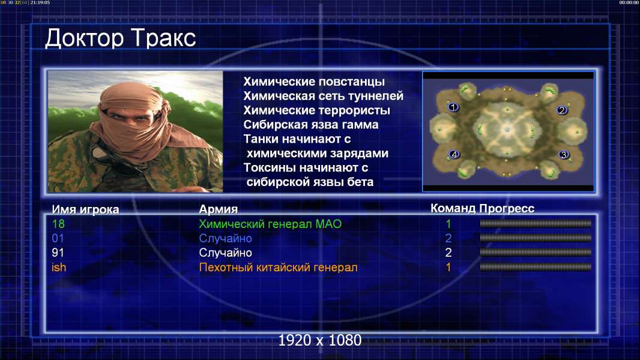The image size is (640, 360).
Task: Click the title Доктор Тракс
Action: [121, 39]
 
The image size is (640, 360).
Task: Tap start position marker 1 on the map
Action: [453, 107]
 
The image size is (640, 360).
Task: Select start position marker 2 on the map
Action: [562, 110]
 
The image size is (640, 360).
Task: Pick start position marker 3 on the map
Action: [564, 155]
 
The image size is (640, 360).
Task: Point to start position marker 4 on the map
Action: [454, 155]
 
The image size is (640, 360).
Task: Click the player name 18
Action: [58, 224]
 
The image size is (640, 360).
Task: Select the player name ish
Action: [59, 268]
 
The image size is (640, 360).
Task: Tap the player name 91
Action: [58, 253]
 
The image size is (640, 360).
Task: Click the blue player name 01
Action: [58, 239]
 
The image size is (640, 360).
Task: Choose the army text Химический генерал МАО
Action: [270, 224]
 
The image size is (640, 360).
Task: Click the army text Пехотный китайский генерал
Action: [279, 268]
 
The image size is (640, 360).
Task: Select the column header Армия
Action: [219, 209]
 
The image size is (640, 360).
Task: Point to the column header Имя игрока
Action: [86, 209]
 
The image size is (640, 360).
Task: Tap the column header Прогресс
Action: [507, 209]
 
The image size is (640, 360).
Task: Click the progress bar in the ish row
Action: [536, 267]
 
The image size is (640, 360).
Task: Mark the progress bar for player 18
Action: [536, 223]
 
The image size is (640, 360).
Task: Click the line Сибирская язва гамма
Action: [311, 125]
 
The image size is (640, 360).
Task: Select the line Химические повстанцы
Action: [314, 82]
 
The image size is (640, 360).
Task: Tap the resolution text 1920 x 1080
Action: [320, 340]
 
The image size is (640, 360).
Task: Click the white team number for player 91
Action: [448, 253]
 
